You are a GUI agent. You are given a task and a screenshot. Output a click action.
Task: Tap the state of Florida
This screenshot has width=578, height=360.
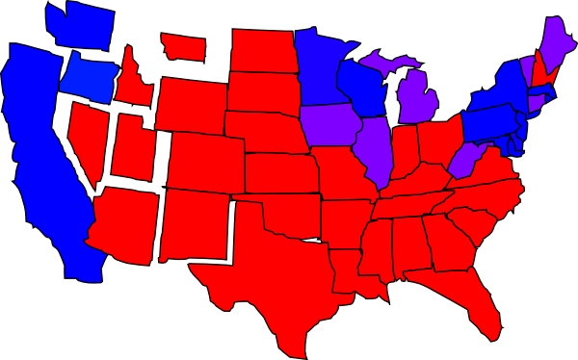click(x=472, y=298)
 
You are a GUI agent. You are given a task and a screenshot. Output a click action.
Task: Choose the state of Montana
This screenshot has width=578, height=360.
click(x=183, y=44)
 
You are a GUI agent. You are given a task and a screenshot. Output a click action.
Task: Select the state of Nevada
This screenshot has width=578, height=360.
click(x=90, y=144)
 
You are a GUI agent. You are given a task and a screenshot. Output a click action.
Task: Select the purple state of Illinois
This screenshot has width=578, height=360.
click(x=376, y=149)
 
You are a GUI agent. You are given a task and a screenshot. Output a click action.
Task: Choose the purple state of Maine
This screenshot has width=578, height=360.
click(x=555, y=43)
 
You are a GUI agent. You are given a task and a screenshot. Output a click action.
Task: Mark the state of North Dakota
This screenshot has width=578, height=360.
click(x=260, y=48)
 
